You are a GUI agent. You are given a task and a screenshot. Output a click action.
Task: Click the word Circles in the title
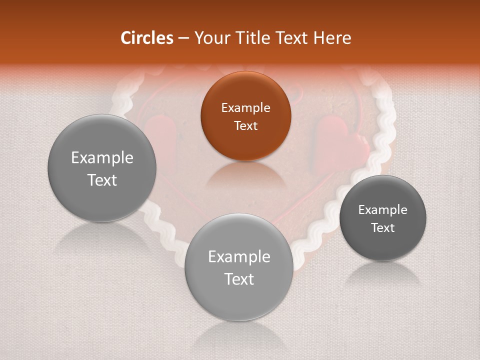coord(146,38)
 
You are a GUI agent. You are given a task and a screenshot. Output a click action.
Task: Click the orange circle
coord(245,116)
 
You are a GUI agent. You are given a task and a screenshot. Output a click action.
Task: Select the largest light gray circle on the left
coord(102,168)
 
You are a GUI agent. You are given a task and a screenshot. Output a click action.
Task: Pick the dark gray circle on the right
coord(382,218)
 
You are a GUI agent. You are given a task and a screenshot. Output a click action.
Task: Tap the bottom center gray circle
coord(239,267)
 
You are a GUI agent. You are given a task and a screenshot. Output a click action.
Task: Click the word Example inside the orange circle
coord(245,107)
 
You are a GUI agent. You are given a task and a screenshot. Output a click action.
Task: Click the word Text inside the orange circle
coord(245,125)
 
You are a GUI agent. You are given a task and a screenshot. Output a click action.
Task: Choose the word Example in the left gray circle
coord(102,158)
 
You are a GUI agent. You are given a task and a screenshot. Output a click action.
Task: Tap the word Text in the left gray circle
coord(102,180)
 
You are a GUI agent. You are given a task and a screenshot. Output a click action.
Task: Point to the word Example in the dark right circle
coord(382,209)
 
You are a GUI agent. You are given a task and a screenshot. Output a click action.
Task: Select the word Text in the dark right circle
coord(382,227)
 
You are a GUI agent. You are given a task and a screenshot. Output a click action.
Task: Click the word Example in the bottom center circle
coord(239,257)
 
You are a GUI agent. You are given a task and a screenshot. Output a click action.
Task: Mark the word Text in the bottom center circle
coord(239,279)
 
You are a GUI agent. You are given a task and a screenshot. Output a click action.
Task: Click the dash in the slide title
coord(183,38)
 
